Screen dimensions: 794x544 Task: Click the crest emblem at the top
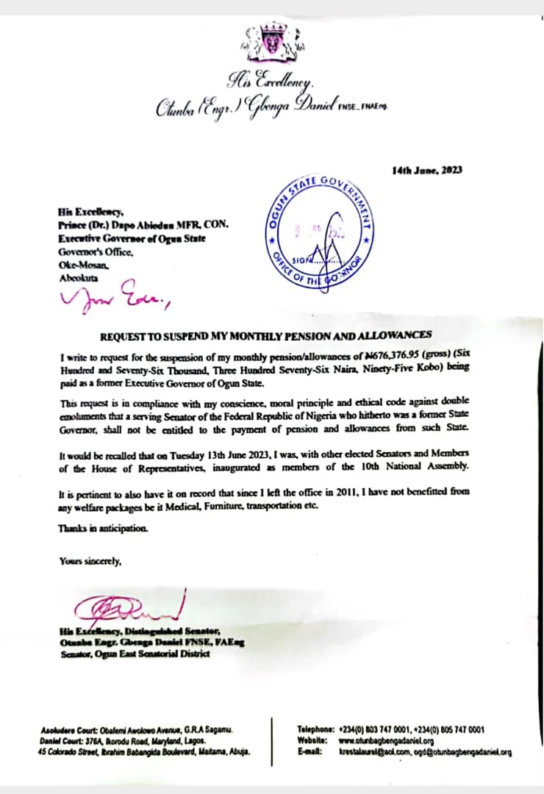coord(271,43)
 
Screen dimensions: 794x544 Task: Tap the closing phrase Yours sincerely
coord(90,561)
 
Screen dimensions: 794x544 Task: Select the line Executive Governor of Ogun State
coord(132,239)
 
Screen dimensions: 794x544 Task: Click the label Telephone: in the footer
coord(316,730)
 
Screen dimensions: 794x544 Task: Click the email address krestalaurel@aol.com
coord(377,752)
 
